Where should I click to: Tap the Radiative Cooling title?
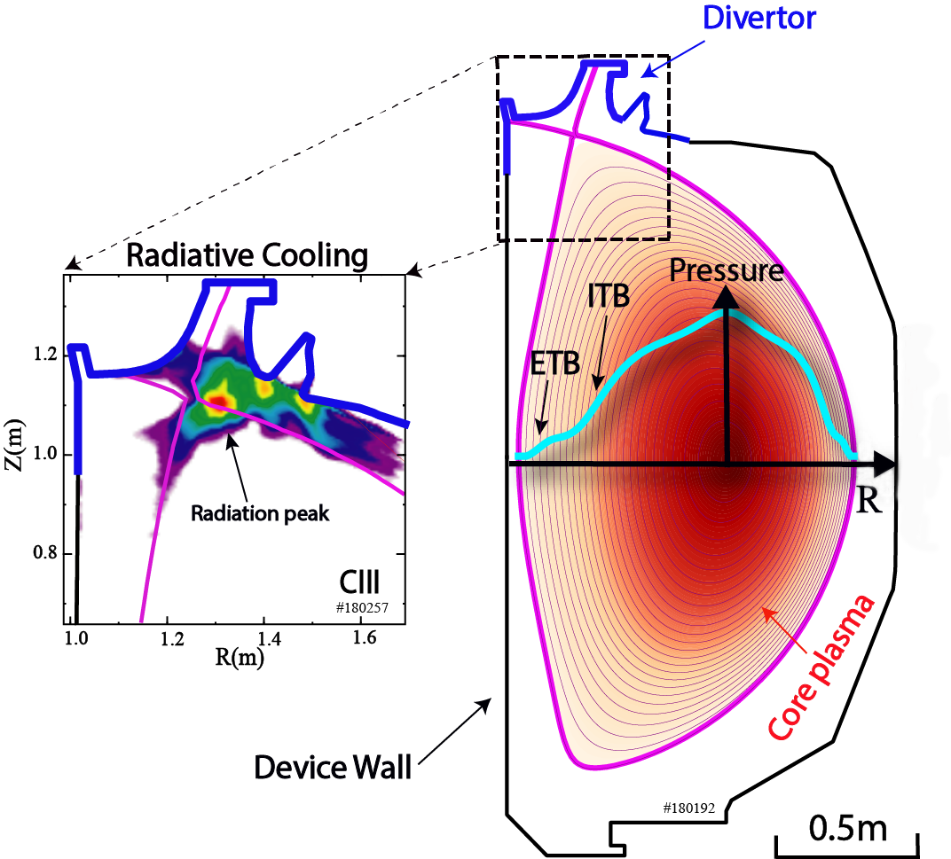pos(247,256)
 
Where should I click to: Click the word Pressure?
pos(727,270)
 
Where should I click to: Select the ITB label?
pos(609,297)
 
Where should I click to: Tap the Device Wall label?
pos(333,765)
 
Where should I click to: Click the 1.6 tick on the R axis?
pos(361,636)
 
